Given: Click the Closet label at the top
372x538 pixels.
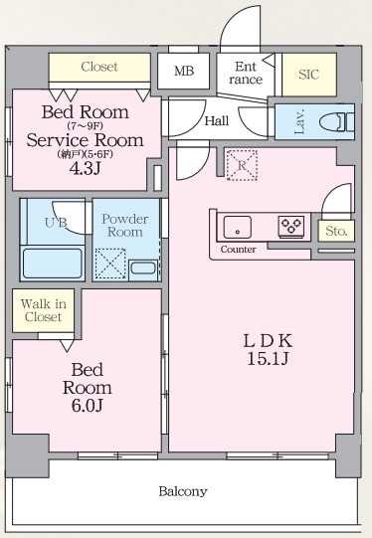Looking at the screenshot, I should [x=98, y=67].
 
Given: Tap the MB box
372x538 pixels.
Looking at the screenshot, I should [x=184, y=71].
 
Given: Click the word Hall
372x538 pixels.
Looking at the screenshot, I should [x=217, y=121].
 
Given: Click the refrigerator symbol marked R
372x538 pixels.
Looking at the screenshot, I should [x=240, y=166].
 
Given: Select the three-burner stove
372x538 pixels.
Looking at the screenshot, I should [x=290, y=226].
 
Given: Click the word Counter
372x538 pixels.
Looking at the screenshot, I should [x=239, y=249].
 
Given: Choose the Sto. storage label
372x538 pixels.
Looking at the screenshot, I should [x=334, y=231].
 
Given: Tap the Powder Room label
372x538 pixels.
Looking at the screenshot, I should [x=126, y=225].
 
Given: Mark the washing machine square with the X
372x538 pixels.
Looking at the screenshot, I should [x=108, y=264].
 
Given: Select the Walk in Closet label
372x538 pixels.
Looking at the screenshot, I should [x=44, y=309].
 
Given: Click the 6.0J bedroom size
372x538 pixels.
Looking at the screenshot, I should [x=88, y=405].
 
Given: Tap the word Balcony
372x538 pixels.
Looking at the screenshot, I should [x=183, y=491].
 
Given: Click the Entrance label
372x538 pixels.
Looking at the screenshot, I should [x=246, y=73].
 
